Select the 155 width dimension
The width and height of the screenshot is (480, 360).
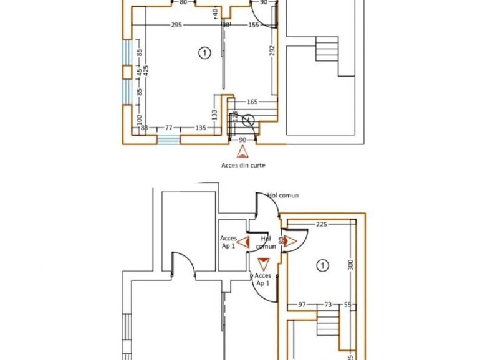pos(254,25)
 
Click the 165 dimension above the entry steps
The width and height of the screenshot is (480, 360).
pos(252,101)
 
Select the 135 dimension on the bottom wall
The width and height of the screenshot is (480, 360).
pos(201,128)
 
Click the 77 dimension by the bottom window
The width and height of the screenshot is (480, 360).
pos(168,128)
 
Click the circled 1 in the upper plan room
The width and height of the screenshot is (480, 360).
pos(203,53)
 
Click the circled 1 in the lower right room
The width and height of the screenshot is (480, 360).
pos(322,266)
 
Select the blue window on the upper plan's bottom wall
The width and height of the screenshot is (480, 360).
pos(168,140)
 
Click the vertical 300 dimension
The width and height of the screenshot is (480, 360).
pos(351,265)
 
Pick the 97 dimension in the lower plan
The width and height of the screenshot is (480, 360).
pos(302,305)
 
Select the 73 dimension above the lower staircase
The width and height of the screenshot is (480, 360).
pos(327,305)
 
